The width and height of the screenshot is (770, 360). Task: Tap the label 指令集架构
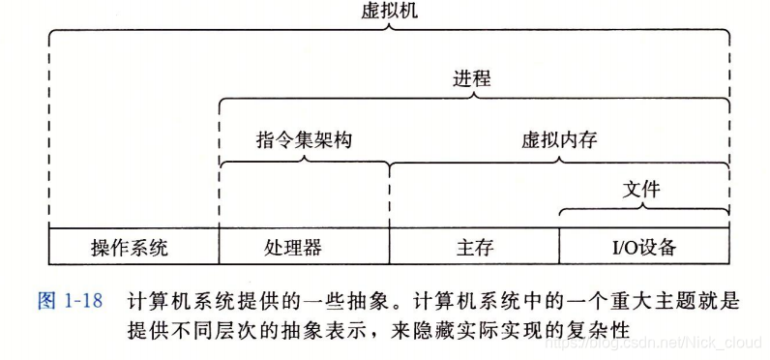point(304,139)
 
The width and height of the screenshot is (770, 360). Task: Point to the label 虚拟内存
point(558,139)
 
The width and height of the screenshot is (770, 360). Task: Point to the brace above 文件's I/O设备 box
point(642,208)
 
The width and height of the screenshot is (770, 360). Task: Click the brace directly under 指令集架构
point(304,162)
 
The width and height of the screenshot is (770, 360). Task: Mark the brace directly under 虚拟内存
point(559,162)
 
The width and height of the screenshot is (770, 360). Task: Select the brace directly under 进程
point(472,97)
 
